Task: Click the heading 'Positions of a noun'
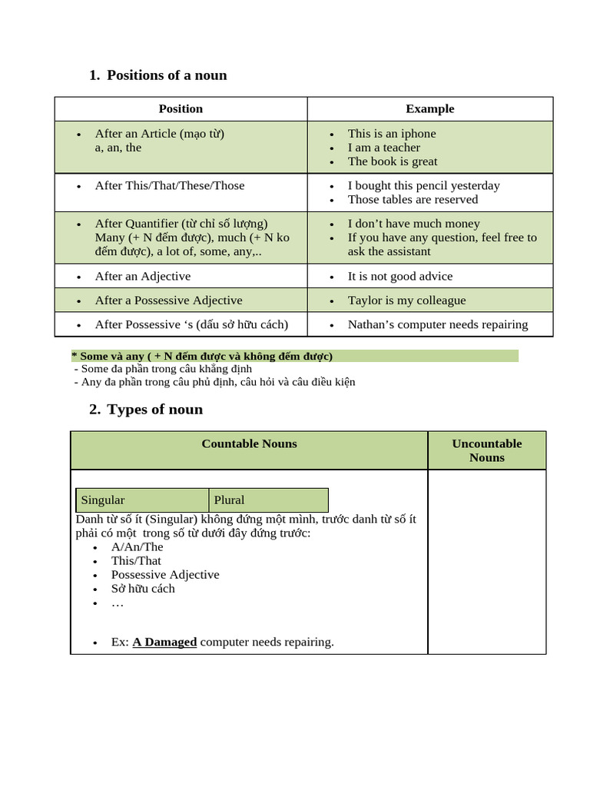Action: [x=167, y=75]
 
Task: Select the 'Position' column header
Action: [x=181, y=109]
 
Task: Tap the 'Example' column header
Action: [x=429, y=109]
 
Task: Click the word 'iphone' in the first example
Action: [x=418, y=134]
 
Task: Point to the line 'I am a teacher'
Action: [x=383, y=148]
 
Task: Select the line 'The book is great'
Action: [x=392, y=161]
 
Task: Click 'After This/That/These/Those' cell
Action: [x=169, y=186]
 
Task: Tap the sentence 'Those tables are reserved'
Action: [x=413, y=200]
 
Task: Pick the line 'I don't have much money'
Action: [x=413, y=224]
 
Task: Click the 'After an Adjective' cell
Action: [x=143, y=277]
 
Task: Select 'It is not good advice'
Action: [x=399, y=277]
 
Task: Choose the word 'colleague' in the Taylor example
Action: [x=439, y=301]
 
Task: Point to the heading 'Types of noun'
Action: [x=154, y=410]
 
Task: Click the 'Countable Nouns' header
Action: [x=249, y=444]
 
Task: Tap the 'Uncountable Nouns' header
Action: [x=486, y=450]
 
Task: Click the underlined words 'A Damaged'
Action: [x=164, y=642]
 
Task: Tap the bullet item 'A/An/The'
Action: [x=137, y=547]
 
